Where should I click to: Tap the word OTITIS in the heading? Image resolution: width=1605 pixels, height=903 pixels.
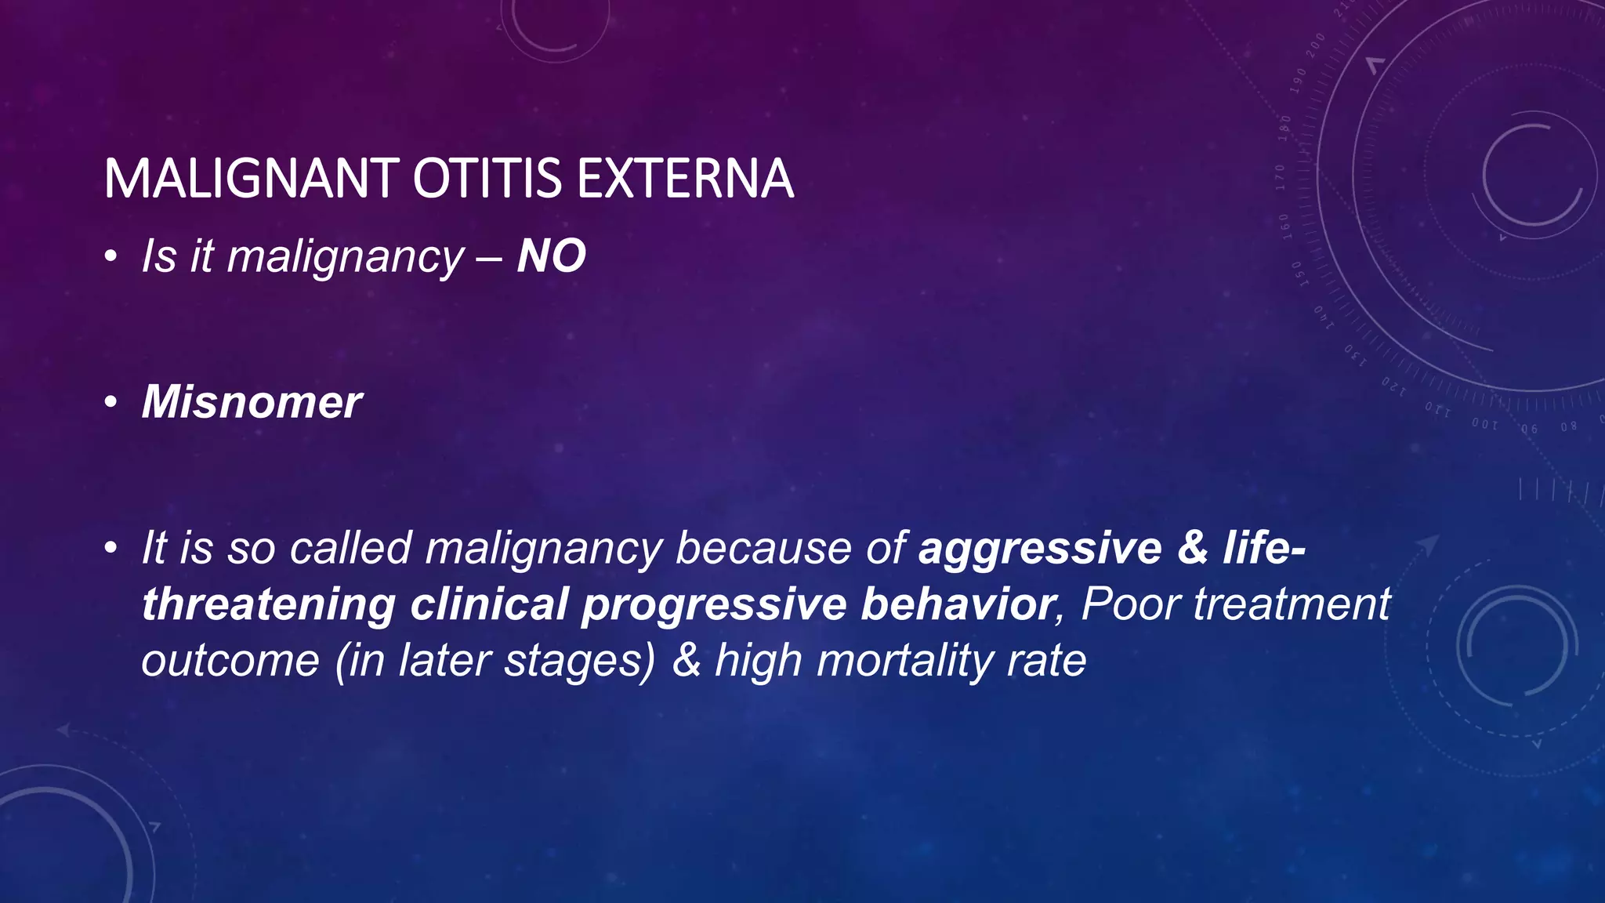pyautogui.click(x=487, y=179)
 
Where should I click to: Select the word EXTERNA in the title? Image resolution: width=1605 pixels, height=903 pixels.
pyautogui.click(x=685, y=179)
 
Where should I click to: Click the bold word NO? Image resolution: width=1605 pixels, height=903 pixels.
pyautogui.click(x=551, y=256)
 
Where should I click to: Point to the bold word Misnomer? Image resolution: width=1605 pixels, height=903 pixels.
pyautogui.click(x=252, y=402)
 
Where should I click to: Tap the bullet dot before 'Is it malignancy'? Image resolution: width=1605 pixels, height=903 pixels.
pyautogui.click(x=112, y=258)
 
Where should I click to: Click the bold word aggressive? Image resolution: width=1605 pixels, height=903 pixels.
pyautogui.click(x=1040, y=548)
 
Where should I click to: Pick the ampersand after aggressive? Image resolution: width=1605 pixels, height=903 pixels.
pyautogui.click(x=1192, y=548)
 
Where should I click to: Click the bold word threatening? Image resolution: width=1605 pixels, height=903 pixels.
pyautogui.click(x=269, y=604)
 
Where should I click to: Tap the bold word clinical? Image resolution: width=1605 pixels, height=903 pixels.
pyautogui.click(x=489, y=604)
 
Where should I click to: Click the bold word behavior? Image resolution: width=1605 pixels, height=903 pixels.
pyautogui.click(x=957, y=604)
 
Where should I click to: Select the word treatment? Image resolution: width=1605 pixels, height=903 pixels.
pyautogui.click(x=1292, y=604)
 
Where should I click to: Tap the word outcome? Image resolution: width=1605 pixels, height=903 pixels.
pyautogui.click(x=230, y=661)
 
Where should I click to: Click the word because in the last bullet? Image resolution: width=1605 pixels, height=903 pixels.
pyautogui.click(x=763, y=548)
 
